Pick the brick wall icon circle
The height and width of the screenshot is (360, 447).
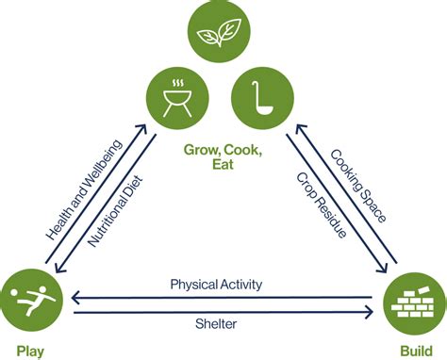pyautogui.click(x=413, y=301)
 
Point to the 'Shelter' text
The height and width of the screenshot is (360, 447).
pyautogui.click(x=217, y=323)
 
